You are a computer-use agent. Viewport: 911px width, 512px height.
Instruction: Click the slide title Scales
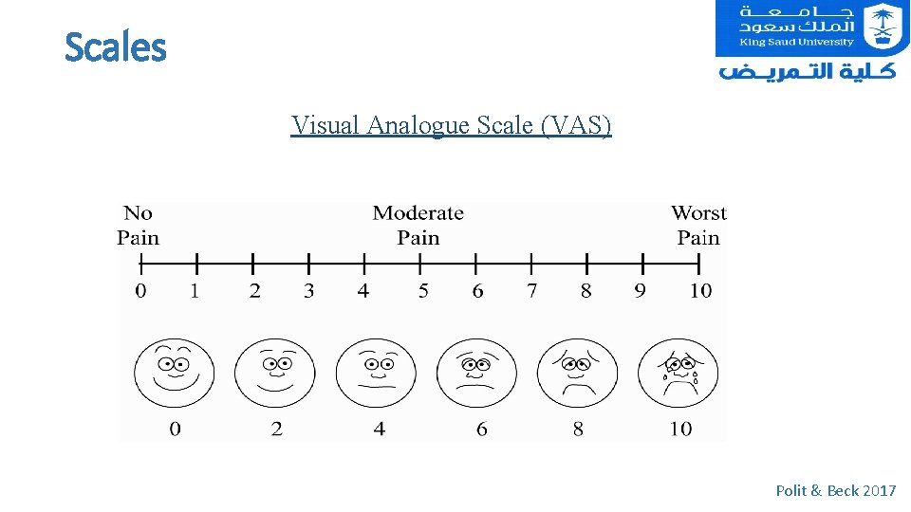click(x=115, y=47)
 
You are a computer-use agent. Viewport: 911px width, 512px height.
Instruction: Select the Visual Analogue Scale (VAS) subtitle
click(x=452, y=125)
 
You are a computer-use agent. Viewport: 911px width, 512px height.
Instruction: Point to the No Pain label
click(x=139, y=226)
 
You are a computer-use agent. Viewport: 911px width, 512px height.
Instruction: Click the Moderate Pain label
click(x=418, y=226)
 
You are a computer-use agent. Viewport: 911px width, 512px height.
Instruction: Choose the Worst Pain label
click(x=698, y=226)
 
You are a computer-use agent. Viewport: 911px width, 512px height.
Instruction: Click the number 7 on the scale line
click(x=531, y=291)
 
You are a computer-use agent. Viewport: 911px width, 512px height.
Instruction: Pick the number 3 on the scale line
click(x=308, y=291)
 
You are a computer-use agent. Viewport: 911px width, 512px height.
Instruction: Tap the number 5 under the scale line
click(x=423, y=291)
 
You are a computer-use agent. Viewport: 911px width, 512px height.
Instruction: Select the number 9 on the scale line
click(x=641, y=291)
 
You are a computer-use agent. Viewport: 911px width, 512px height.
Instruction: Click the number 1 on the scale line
click(x=195, y=291)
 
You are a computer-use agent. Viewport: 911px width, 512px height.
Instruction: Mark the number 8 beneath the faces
click(x=578, y=430)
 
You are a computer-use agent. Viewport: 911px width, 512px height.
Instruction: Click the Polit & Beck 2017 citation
click(x=835, y=490)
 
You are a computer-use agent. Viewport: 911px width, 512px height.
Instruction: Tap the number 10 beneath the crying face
click(x=680, y=430)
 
